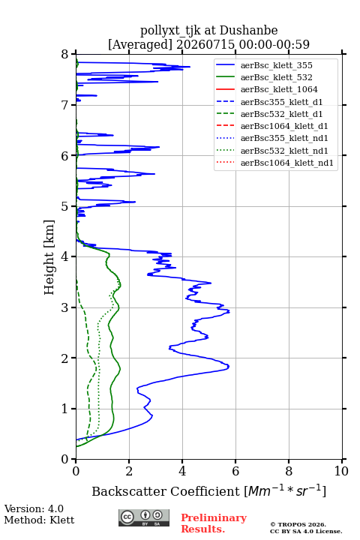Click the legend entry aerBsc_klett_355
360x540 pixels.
pyautogui.click(x=276, y=65)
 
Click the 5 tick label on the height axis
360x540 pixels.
pyautogui.click(x=65, y=207)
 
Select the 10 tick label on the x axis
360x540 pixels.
pyautogui.click(x=341, y=471)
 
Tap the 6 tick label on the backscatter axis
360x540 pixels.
pyautogui.click(x=235, y=471)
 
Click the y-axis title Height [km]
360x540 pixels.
pyautogui.click(x=49, y=257)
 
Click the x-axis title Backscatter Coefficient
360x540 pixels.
pyautogui.click(x=165, y=491)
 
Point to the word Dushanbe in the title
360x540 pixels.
pyautogui.click(x=248, y=31)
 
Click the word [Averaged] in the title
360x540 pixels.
pyautogui.click(x=139, y=44)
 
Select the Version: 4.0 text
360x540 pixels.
pyautogui.click(x=34, y=508)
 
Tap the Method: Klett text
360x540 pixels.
pyautogui.click(x=39, y=520)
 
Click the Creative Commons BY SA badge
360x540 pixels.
pyautogui.click(x=144, y=517)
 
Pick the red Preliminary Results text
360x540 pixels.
pyautogui.click(x=214, y=523)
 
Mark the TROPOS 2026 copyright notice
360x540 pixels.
pyautogui.click(x=298, y=524)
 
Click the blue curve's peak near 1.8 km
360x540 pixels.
pyautogui.click(x=229, y=367)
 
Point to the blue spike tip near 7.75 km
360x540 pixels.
pyautogui.click(x=190, y=67)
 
